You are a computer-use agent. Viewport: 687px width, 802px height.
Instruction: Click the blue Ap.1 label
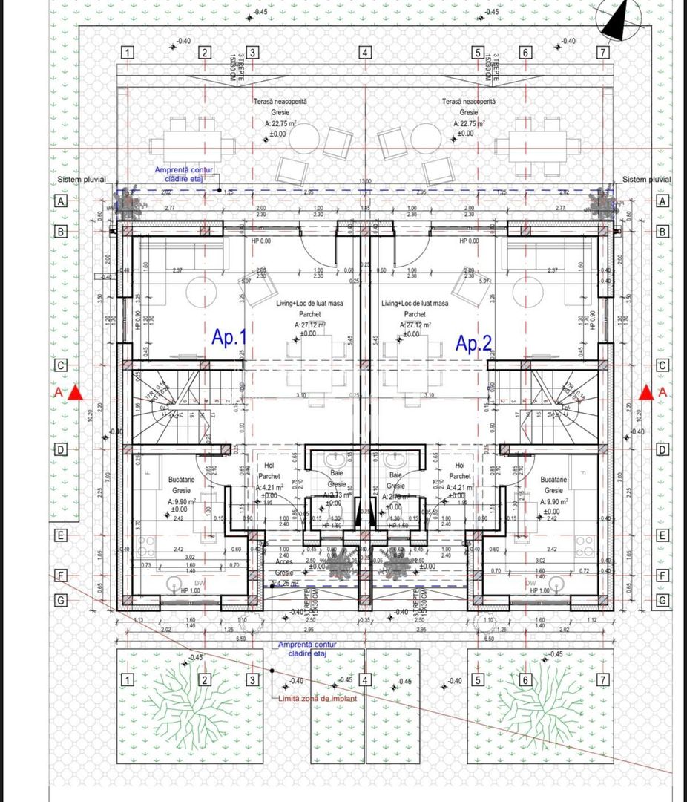(x=229, y=338)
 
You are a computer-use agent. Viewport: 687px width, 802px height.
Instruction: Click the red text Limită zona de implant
(x=318, y=699)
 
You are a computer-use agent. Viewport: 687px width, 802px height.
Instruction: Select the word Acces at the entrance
(x=283, y=562)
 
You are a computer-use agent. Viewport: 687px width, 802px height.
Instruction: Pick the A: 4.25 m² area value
(x=285, y=584)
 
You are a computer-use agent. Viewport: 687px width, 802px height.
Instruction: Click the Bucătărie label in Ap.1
(x=181, y=480)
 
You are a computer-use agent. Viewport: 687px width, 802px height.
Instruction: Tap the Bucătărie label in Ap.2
(x=553, y=480)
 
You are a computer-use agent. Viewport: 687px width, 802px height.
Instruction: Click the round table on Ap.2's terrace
(x=426, y=138)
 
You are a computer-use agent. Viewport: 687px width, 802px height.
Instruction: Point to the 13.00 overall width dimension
(x=366, y=182)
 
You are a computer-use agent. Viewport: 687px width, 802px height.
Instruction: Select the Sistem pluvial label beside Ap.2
(x=646, y=180)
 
